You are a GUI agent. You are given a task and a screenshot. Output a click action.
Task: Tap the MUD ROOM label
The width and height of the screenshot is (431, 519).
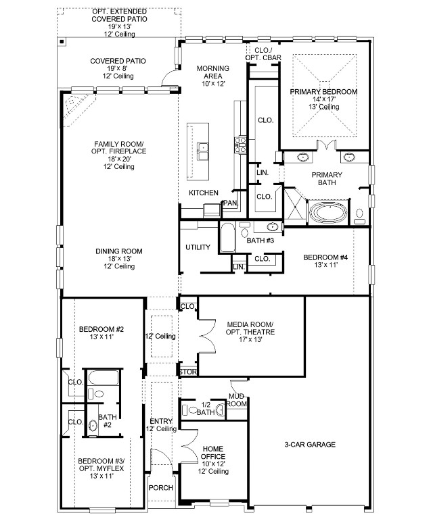(237, 400)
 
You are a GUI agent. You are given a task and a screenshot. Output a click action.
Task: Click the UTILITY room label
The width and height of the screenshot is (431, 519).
(198, 247)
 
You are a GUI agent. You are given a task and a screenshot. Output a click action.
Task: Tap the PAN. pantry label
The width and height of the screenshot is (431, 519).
(230, 203)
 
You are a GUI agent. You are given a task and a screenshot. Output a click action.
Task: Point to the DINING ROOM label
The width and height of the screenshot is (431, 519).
(118, 258)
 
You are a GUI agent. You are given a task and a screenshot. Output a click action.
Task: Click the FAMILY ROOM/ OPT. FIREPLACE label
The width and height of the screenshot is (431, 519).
(119, 154)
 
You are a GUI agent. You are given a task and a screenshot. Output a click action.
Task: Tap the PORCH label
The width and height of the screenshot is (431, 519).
(161, 488)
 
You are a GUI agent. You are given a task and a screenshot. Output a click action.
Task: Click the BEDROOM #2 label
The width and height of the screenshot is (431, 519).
(101, 332)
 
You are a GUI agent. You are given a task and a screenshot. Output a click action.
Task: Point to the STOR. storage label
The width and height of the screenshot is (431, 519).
(187, 372)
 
